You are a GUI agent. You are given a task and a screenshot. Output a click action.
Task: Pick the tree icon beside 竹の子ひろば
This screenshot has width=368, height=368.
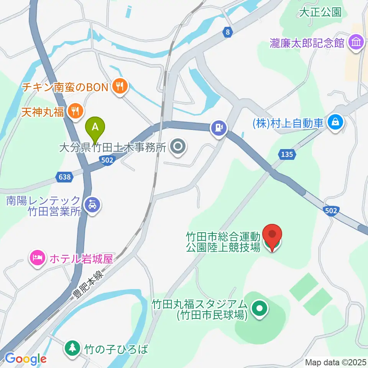(x=72, y=348)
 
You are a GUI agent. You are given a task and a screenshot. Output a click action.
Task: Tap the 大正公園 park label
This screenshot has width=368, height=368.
(x=320, y=12)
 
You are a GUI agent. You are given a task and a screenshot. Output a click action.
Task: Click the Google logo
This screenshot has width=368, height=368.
(x=26, y=359)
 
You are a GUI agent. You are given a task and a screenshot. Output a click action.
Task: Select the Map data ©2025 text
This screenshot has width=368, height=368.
(x=335, y=362)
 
